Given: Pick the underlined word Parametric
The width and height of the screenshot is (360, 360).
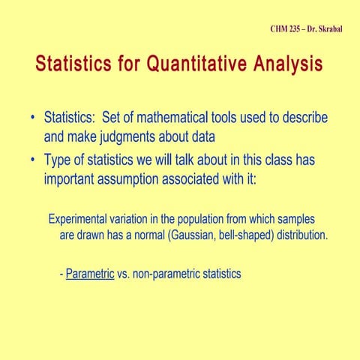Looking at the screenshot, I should [89, 274].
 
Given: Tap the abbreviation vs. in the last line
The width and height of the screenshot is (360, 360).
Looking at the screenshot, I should [124, 274].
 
